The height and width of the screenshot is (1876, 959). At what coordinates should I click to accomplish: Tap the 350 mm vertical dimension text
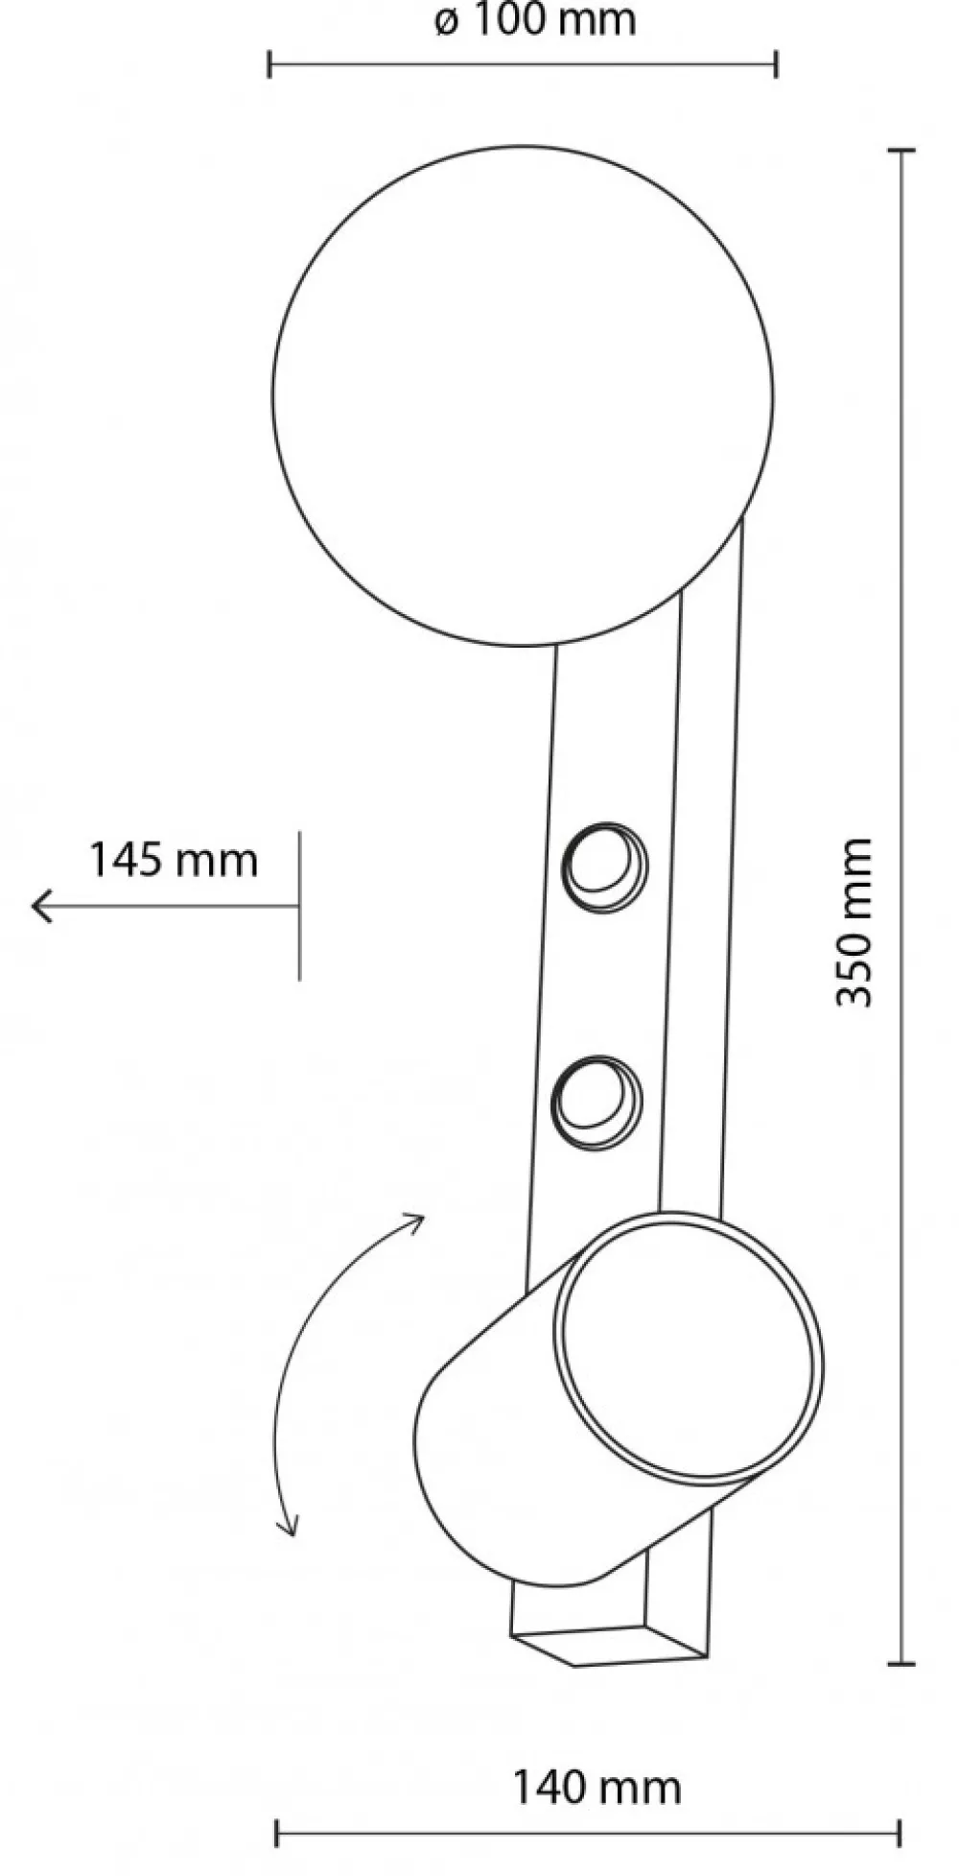click(854, 922)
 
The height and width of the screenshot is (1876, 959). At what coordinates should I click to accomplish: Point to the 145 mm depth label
click(174, 860)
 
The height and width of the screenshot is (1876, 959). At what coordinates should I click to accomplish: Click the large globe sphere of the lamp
click(523, 395)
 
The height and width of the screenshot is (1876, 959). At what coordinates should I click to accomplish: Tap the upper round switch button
click(604, 867)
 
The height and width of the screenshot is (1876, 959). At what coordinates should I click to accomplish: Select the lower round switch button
click(596, 1102)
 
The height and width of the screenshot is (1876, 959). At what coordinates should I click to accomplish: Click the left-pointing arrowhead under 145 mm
click(41, 906)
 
